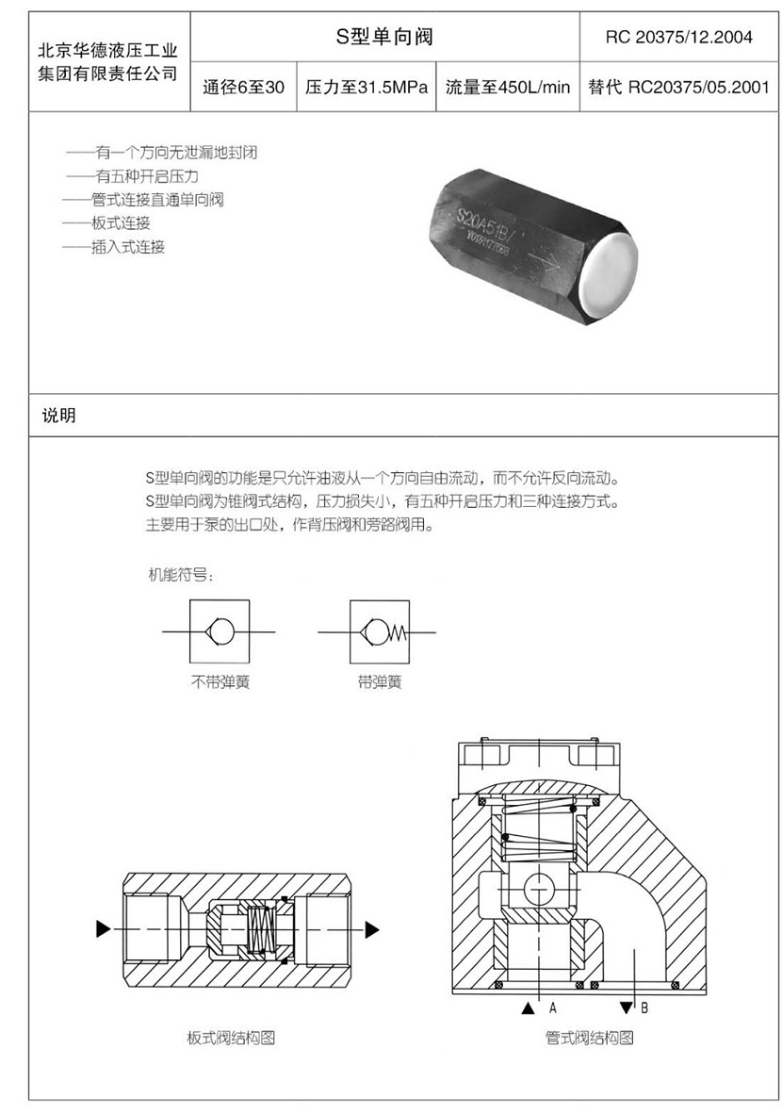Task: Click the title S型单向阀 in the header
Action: pos(384,36)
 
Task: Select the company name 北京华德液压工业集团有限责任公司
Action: pos(108,62)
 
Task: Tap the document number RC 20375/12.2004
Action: pos(679,37)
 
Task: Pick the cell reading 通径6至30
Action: pos(243,88)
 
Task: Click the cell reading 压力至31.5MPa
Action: pos(367,88)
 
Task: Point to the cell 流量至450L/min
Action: pos(508,88)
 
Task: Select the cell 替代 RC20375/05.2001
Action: pos(679,88)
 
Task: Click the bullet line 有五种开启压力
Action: pos(133,176)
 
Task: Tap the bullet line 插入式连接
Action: pos(114,247)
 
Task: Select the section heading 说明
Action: pos(59,416)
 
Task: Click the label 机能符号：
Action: pos(180,575)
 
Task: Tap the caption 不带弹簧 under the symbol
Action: pos(220,682)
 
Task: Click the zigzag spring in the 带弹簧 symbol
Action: pos(399,631)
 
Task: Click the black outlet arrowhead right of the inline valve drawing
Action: pos(372,929)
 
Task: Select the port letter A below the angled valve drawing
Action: pos(553,1008)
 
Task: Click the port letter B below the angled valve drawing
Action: pos(644,1008)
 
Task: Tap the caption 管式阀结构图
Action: pos(589,1038)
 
